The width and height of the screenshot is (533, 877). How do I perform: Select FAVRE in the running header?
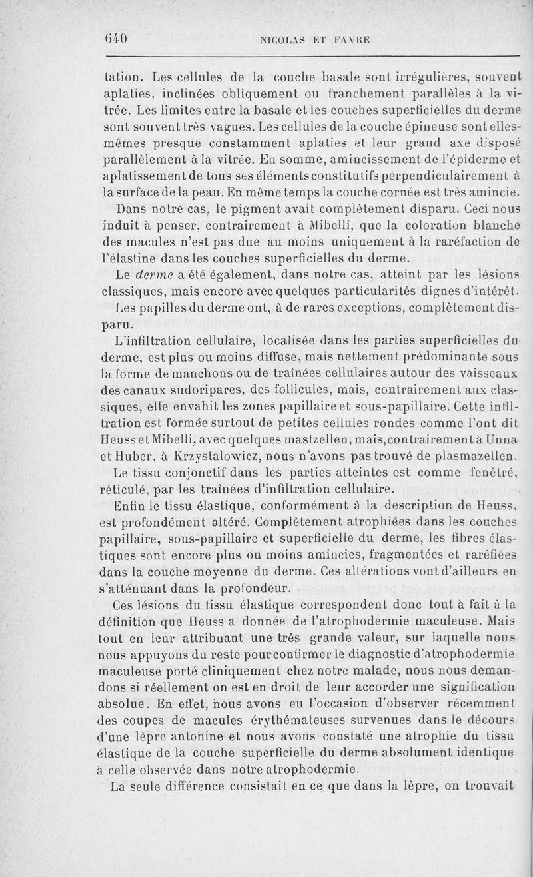tap(350, 39)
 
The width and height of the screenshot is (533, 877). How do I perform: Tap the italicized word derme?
tap(153, 275)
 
